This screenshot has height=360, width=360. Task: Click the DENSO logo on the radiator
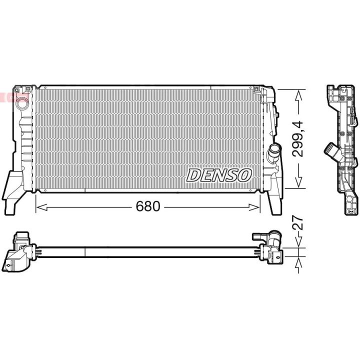[x=219, y=175]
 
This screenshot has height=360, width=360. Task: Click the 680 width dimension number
[x=148, y=206]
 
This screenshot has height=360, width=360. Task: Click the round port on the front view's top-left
[x=22, y=103]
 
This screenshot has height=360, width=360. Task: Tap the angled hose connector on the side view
[x=330, y=149]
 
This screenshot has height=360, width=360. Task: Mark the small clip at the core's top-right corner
[x=257, y=90]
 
